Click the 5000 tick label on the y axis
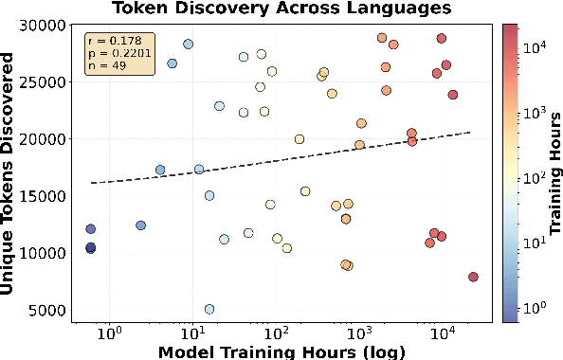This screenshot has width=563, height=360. pos(49,311)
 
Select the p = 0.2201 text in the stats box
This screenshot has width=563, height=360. pos(110,53)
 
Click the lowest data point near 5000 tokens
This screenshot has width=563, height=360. pos(209,309)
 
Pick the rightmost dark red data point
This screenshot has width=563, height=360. pos(473,277)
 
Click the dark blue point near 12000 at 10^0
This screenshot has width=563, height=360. pos(91,229)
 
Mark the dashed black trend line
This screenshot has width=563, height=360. pos(284,158)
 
